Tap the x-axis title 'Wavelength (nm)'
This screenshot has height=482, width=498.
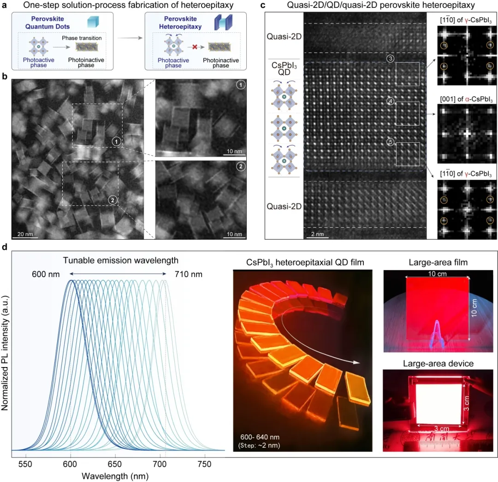(114, 475)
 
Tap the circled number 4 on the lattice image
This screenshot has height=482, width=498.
(390, 101)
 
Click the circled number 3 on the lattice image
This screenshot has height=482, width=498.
(390, 60)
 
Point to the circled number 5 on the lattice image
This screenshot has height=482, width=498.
(390, 143)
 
